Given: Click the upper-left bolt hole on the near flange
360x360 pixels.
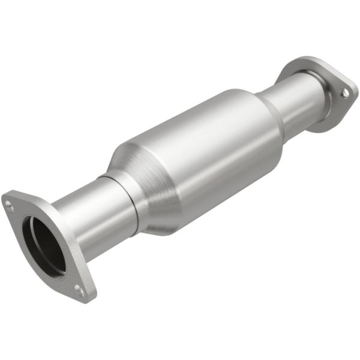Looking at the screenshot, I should tap(9, 205).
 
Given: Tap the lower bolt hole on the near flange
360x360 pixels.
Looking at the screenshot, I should tap(79, 290).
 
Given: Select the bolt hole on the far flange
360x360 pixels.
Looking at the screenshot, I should tap(344, 94).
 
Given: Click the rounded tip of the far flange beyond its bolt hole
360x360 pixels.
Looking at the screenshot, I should tap(353, 91).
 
